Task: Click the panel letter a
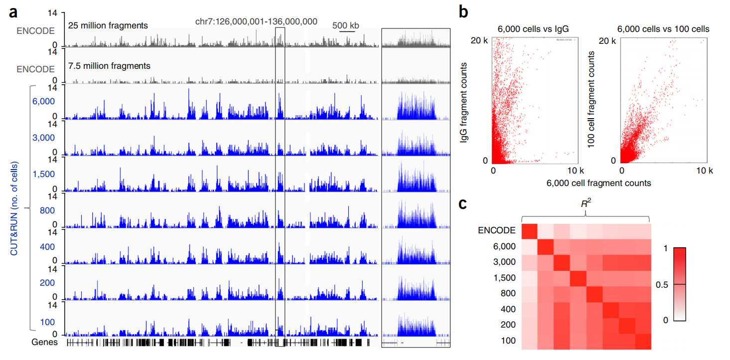click(x=13, y=13)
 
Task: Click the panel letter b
click(x=463, y=12)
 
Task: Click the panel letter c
click(x=462, y=204)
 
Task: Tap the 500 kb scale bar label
click(x=345, y=25)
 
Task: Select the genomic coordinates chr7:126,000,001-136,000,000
click(x=256, y=22)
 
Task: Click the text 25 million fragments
click(x=108, y=25)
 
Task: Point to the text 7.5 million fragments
click(x=109, y=66)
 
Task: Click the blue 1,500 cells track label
click(x=44, y=174)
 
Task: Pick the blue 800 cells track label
click(x=47, y=210)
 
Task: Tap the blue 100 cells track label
click(x=47, y=322)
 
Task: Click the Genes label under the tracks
click(x=44, y=342)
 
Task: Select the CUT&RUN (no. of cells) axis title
click(x=14, y=209)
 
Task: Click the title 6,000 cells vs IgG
click(x=533, y=29)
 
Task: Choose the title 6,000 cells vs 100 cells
click(x=663, y=29)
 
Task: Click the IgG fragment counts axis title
click(x=463, y=103)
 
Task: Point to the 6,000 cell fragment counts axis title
click(x=598, y=183)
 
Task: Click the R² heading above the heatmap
click(x=585, y=203)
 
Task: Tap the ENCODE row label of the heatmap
click(x=497, y=230)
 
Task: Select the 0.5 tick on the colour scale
click(x=662, y=285)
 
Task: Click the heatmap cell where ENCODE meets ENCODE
click(x=530, y=231)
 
